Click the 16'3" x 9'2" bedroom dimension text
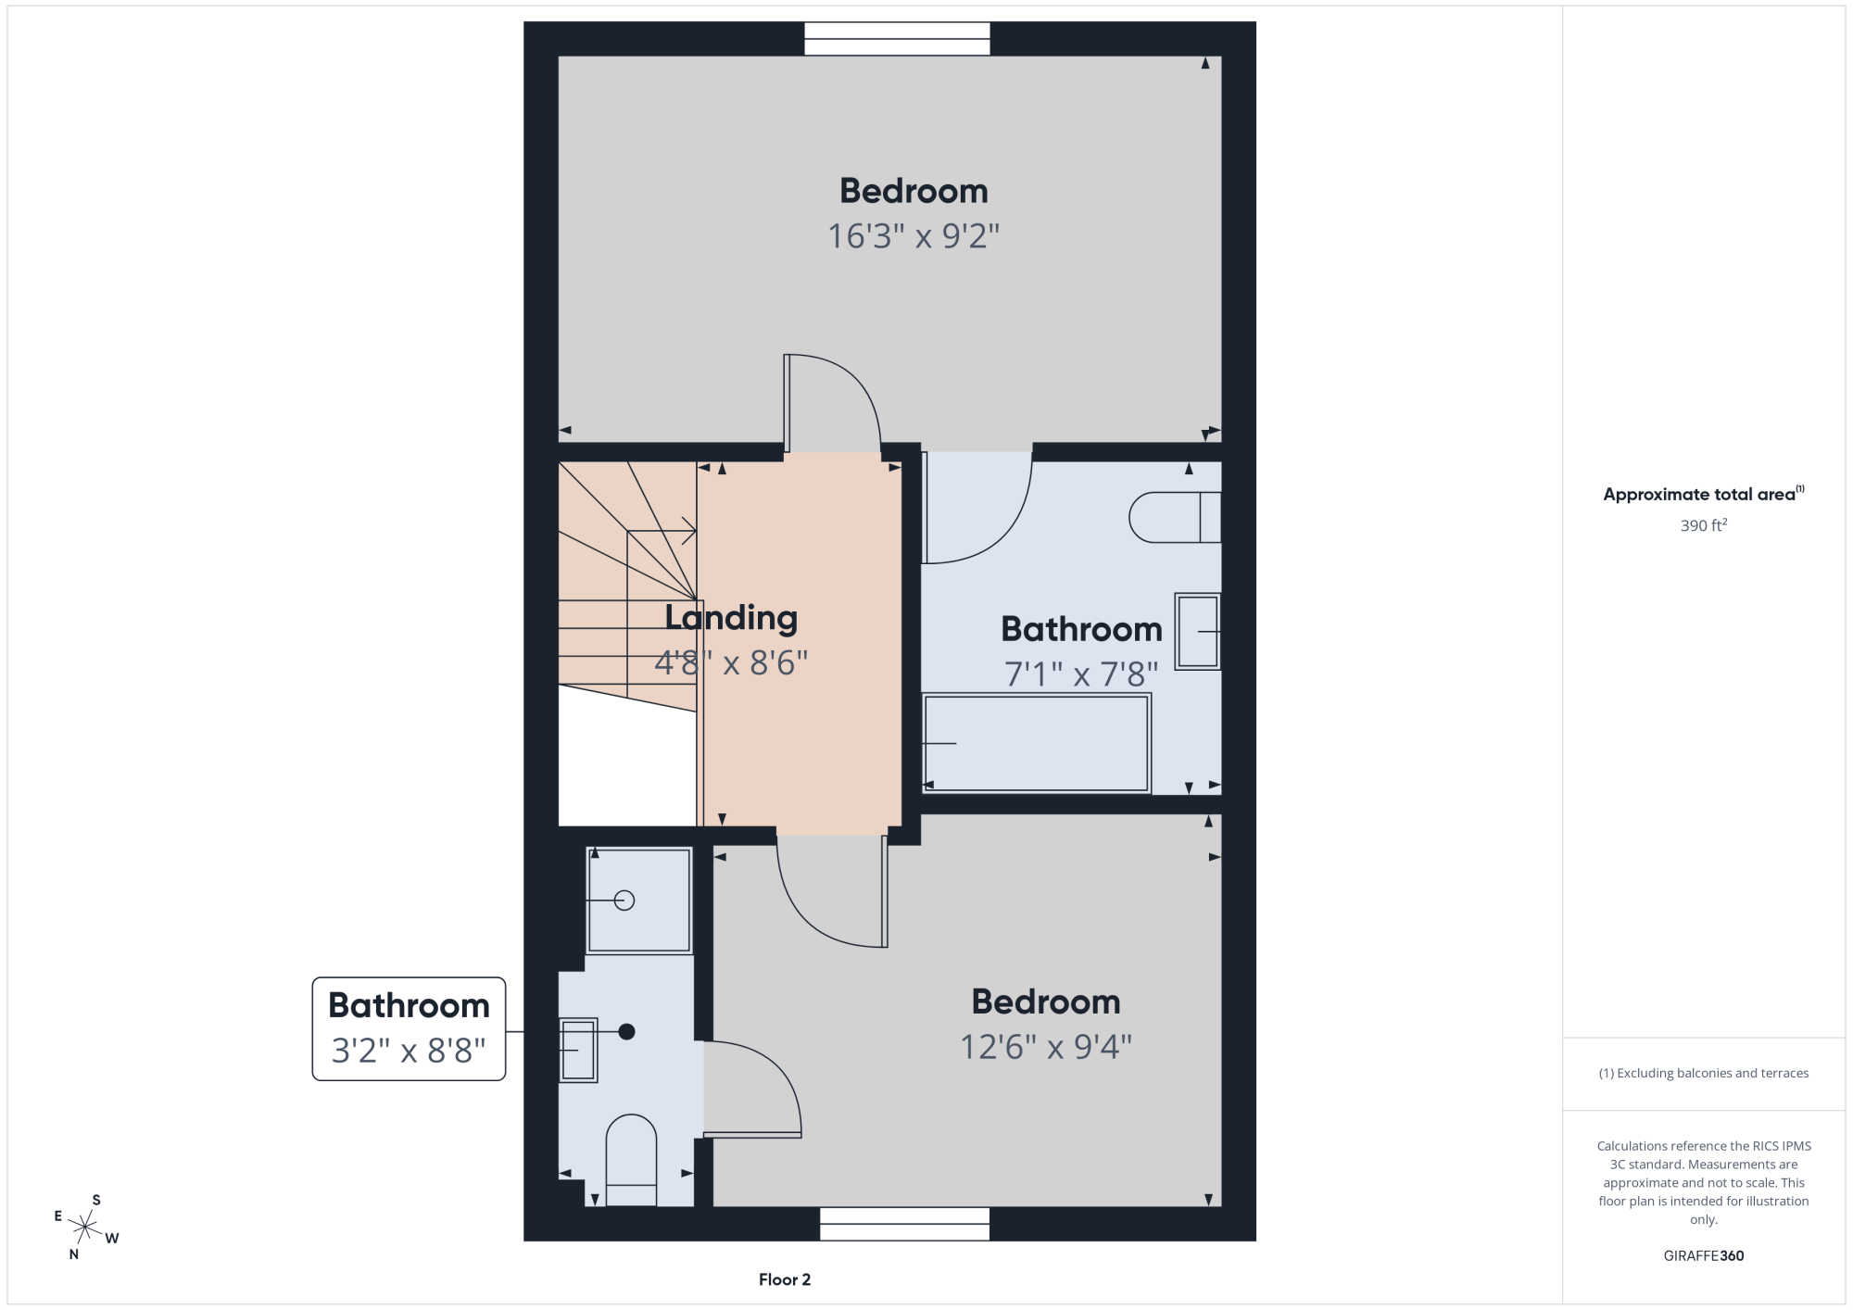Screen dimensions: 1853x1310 pos(914,236)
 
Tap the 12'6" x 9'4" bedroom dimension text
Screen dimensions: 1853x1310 pos(1046,1047)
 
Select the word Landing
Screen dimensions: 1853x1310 pos(731,619)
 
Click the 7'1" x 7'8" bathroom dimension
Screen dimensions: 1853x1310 pos(1081,674)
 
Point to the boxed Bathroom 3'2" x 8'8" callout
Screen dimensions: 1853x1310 pos(409,1028)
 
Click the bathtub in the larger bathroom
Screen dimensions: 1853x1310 pos(1037,744)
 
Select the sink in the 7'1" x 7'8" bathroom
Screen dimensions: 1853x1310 pos(1198,631)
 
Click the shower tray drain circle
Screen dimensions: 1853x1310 pos(624,900)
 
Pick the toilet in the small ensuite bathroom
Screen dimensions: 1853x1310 pos(631,1160)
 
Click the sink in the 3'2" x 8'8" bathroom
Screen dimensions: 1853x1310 pos(578,1050)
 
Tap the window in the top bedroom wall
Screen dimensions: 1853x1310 pos(897,39)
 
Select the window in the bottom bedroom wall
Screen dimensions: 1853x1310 pos(904,1224)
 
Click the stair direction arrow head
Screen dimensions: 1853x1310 pos(690,531)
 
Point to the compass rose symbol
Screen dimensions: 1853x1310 pos(85,1228)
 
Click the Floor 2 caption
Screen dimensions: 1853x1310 pos(785,1279)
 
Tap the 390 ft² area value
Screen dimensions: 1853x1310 pos(1704,525)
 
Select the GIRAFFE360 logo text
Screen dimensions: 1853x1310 pos(1704,1256)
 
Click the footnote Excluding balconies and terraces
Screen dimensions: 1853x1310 pos(1704,1073)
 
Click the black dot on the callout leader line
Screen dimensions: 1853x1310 pos(626,1031)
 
